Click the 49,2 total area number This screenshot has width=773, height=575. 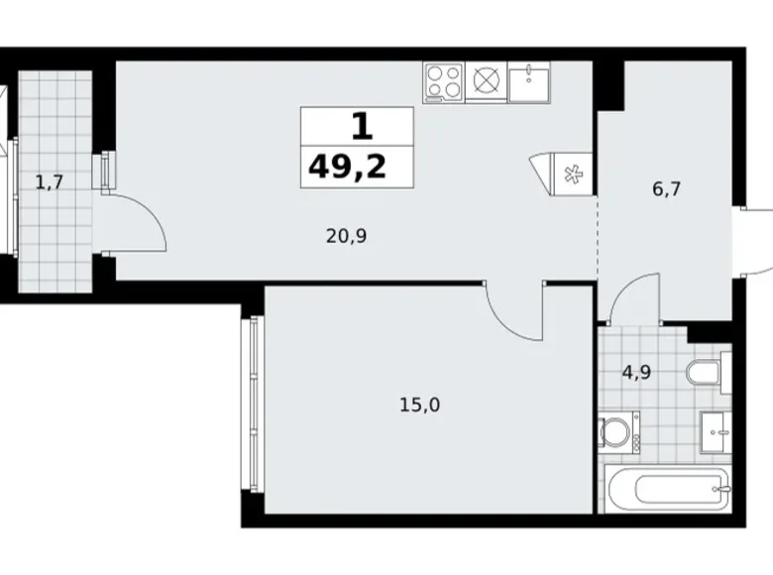[x=348, y=166]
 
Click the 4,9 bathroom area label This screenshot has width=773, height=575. [x=635, y=374]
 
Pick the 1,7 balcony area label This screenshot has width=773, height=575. [x=51, y=181]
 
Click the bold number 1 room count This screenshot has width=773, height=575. [x=361, y=126]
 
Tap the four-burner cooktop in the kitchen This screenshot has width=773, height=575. [x=443, y=81]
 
